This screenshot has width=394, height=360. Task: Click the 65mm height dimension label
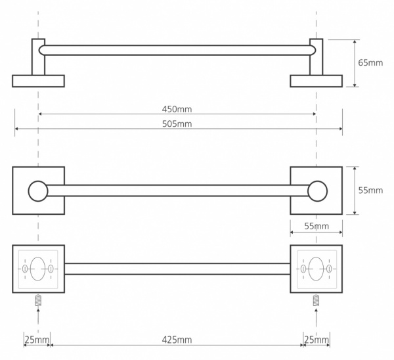[370, 63]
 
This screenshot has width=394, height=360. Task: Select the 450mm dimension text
[177, 109]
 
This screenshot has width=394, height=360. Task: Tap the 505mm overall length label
[177, 124]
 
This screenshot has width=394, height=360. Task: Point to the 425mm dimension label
[177, 340]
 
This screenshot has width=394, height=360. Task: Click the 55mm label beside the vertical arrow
[370, 191]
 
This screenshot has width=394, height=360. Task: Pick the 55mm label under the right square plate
[316, 226]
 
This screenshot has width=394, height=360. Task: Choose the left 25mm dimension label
[36, 340]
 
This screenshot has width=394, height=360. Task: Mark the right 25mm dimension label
[317, 340]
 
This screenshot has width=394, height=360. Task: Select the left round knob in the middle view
[38, 191]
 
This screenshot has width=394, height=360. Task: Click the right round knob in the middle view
[318, 191]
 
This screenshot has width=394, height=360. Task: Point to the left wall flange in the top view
[38, 81]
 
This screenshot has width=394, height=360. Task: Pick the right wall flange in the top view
[316, 81]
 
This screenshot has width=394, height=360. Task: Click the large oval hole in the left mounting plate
[38, 269]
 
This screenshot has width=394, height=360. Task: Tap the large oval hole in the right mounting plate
[316, 269]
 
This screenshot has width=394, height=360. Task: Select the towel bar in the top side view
[177, 49]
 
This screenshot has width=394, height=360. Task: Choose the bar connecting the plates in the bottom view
[177, 269]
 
